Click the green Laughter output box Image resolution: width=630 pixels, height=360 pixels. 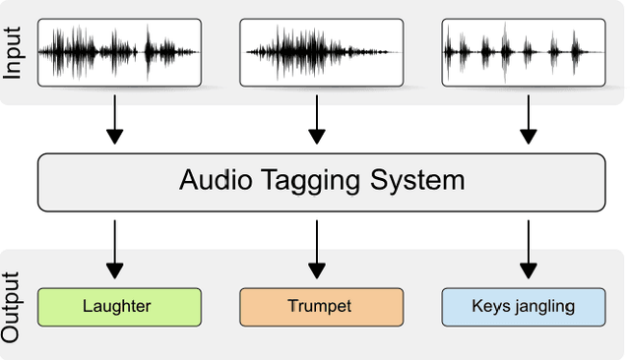coord(119,307)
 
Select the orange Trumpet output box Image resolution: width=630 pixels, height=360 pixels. coord(321,307)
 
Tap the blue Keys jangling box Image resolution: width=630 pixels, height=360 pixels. coord(523,307)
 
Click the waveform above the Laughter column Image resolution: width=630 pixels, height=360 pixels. coord(119,51)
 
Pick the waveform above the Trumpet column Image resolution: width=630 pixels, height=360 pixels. coord(321,51)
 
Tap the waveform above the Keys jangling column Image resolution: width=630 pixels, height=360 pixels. coord(523,51)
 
